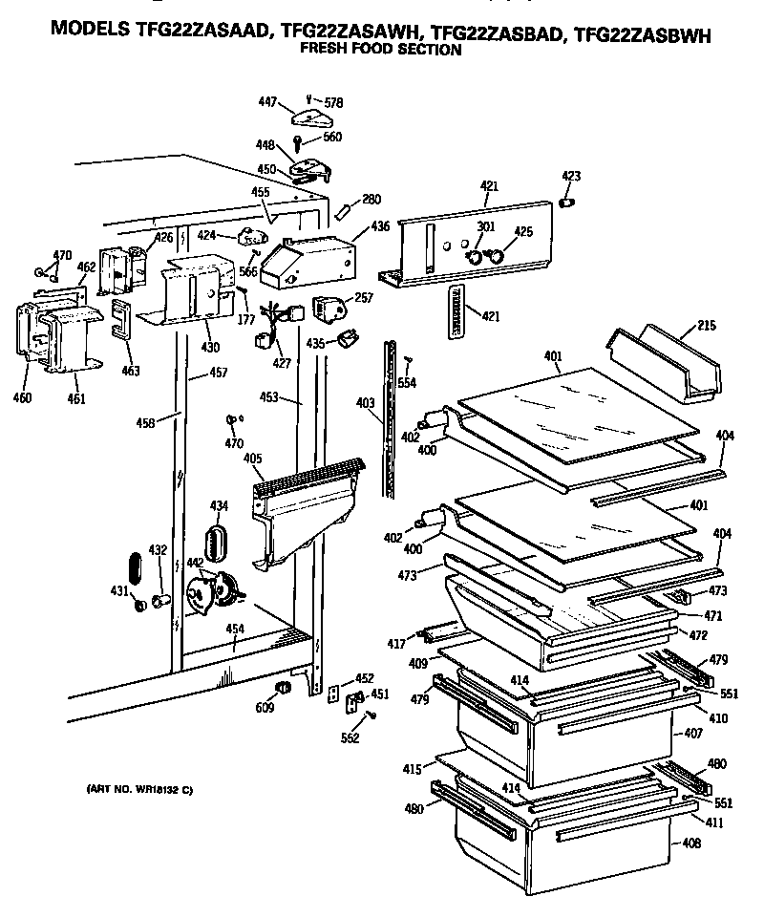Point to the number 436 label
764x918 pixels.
click(x=380, y=226)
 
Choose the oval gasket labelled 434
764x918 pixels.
click(x=219, y=542)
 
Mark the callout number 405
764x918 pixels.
click(x=252, y=459)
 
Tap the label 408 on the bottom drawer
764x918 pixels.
click(x=690, y=843)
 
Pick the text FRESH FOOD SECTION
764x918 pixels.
click(x=380, y=50)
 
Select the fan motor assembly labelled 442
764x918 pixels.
click(x=217, y=592)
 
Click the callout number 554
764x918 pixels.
click(x=408, y=383)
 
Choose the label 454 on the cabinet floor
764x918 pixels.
click(x=235, y=629)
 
